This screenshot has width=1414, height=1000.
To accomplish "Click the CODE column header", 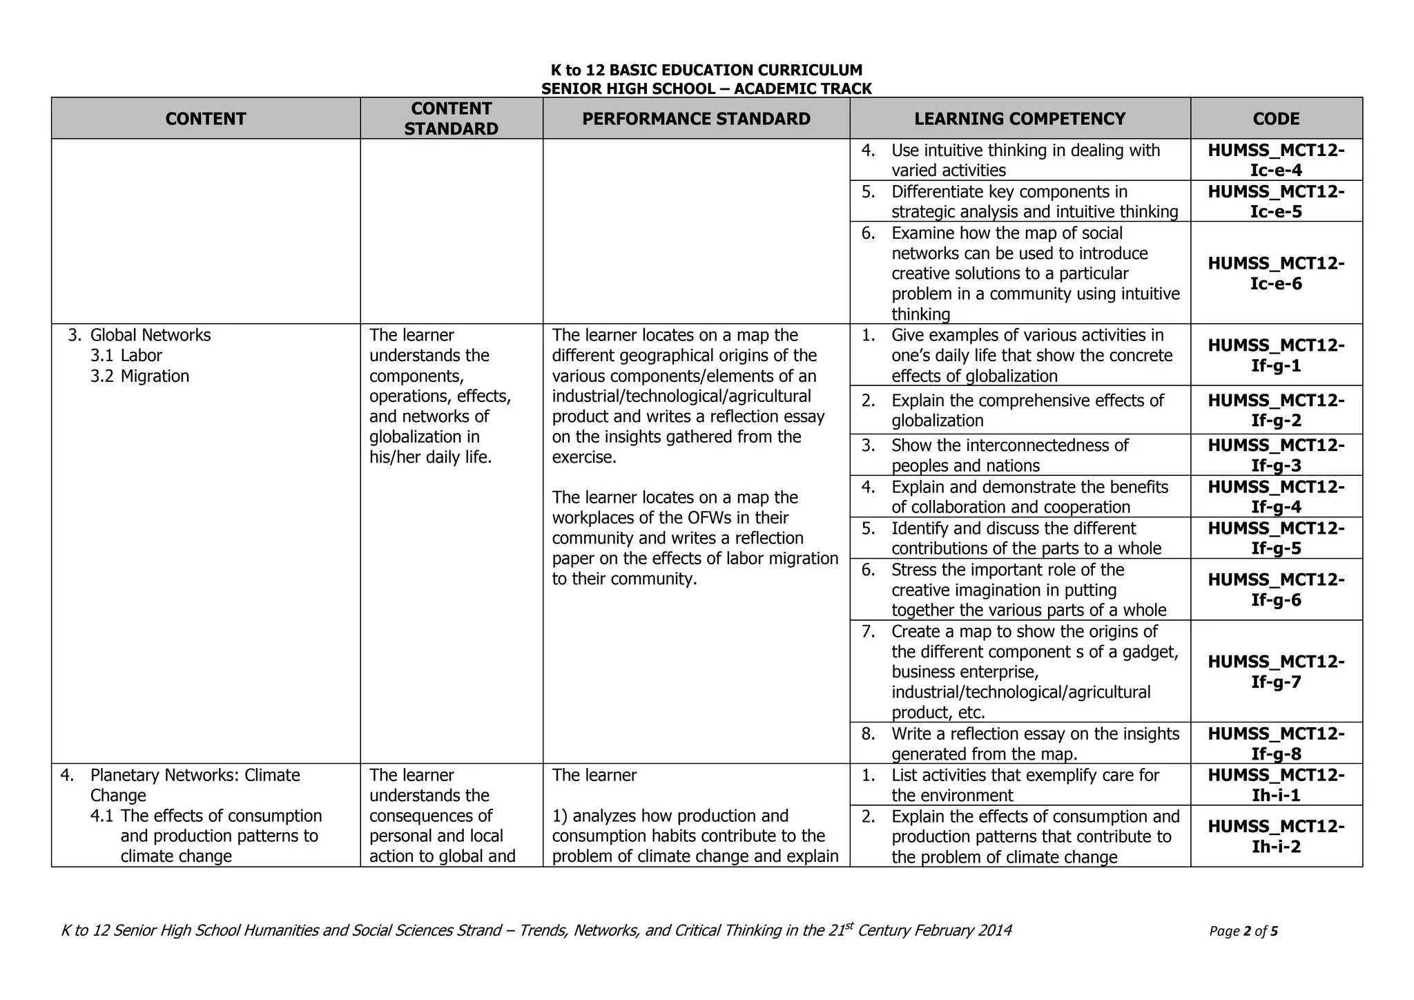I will point(1276,119).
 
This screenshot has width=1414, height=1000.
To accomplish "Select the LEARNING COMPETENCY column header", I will point(1020,119).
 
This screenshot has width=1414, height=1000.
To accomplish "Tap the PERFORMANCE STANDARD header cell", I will point(696,119).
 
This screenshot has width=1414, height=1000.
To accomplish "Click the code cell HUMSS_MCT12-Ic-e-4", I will point(1276,160).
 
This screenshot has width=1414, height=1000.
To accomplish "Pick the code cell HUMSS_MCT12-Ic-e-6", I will point(1276,273).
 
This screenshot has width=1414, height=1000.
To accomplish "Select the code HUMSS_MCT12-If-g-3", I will point(1276,455).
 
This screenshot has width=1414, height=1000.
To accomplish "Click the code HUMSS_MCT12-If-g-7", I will point(1276,672).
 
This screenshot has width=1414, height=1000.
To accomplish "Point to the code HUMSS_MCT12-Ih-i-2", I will point(1276,836).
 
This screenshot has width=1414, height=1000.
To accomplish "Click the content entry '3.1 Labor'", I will point(141,356).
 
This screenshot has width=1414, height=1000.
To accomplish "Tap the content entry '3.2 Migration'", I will point(155,376).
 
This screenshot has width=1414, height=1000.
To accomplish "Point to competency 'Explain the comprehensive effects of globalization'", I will point(1027,411).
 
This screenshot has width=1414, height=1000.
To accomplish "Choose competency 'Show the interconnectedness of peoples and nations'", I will point(1009,455).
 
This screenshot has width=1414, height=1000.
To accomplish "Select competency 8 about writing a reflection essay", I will point(1034,744).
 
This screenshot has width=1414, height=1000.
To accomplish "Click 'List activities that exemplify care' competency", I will point(1025,785).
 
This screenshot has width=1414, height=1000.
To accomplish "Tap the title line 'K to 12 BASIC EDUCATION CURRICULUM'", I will point(706,70).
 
